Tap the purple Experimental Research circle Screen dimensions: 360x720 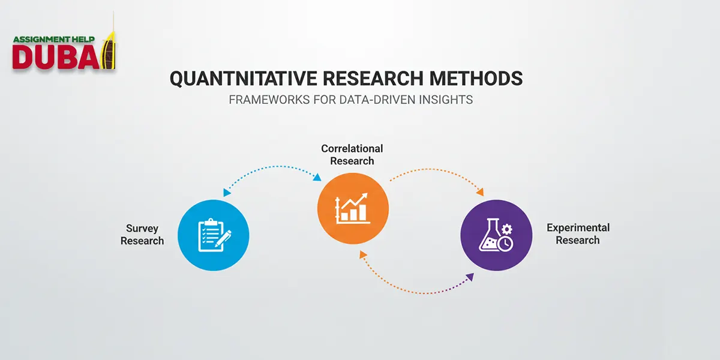496,234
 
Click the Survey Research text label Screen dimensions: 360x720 142,235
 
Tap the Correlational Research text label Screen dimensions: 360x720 352,154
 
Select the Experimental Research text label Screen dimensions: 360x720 578,234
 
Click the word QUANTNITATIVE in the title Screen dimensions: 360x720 234,79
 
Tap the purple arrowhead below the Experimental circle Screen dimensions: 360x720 470,277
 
